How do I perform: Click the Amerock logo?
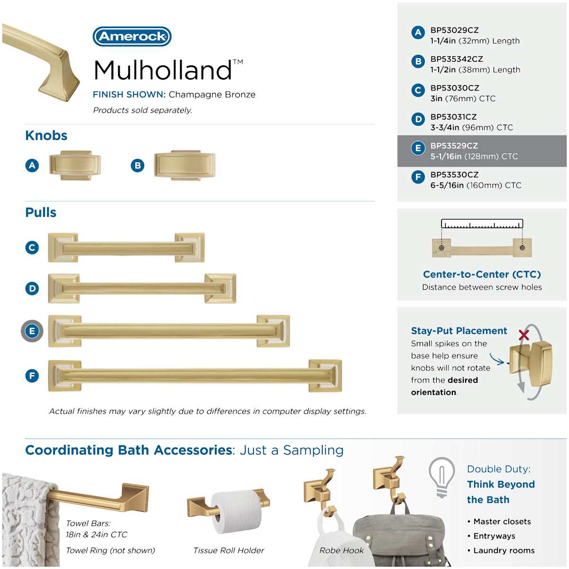click(132, 37)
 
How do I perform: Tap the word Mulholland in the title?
click(163, 70)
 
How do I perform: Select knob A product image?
click(75, 165)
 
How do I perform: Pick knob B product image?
click(184, 165)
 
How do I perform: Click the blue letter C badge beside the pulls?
click(32, 248)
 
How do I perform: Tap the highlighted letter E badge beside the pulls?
click(32, 331)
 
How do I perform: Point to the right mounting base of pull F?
click(325, 376)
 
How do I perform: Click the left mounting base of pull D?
click(64, 288)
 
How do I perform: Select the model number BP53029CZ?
click(454, 30)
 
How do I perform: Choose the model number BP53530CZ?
click(454, 174)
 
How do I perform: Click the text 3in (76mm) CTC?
click(463, 98)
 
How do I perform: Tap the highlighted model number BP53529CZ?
click(454, 146)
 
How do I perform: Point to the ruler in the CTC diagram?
click(482, 223)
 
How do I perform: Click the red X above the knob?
click(524, 335)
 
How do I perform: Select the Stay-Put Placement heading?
click(459, 330)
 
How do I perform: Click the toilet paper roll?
click(236, 512)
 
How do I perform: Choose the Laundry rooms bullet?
click(501, 551)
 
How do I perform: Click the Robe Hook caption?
click(341, 551)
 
